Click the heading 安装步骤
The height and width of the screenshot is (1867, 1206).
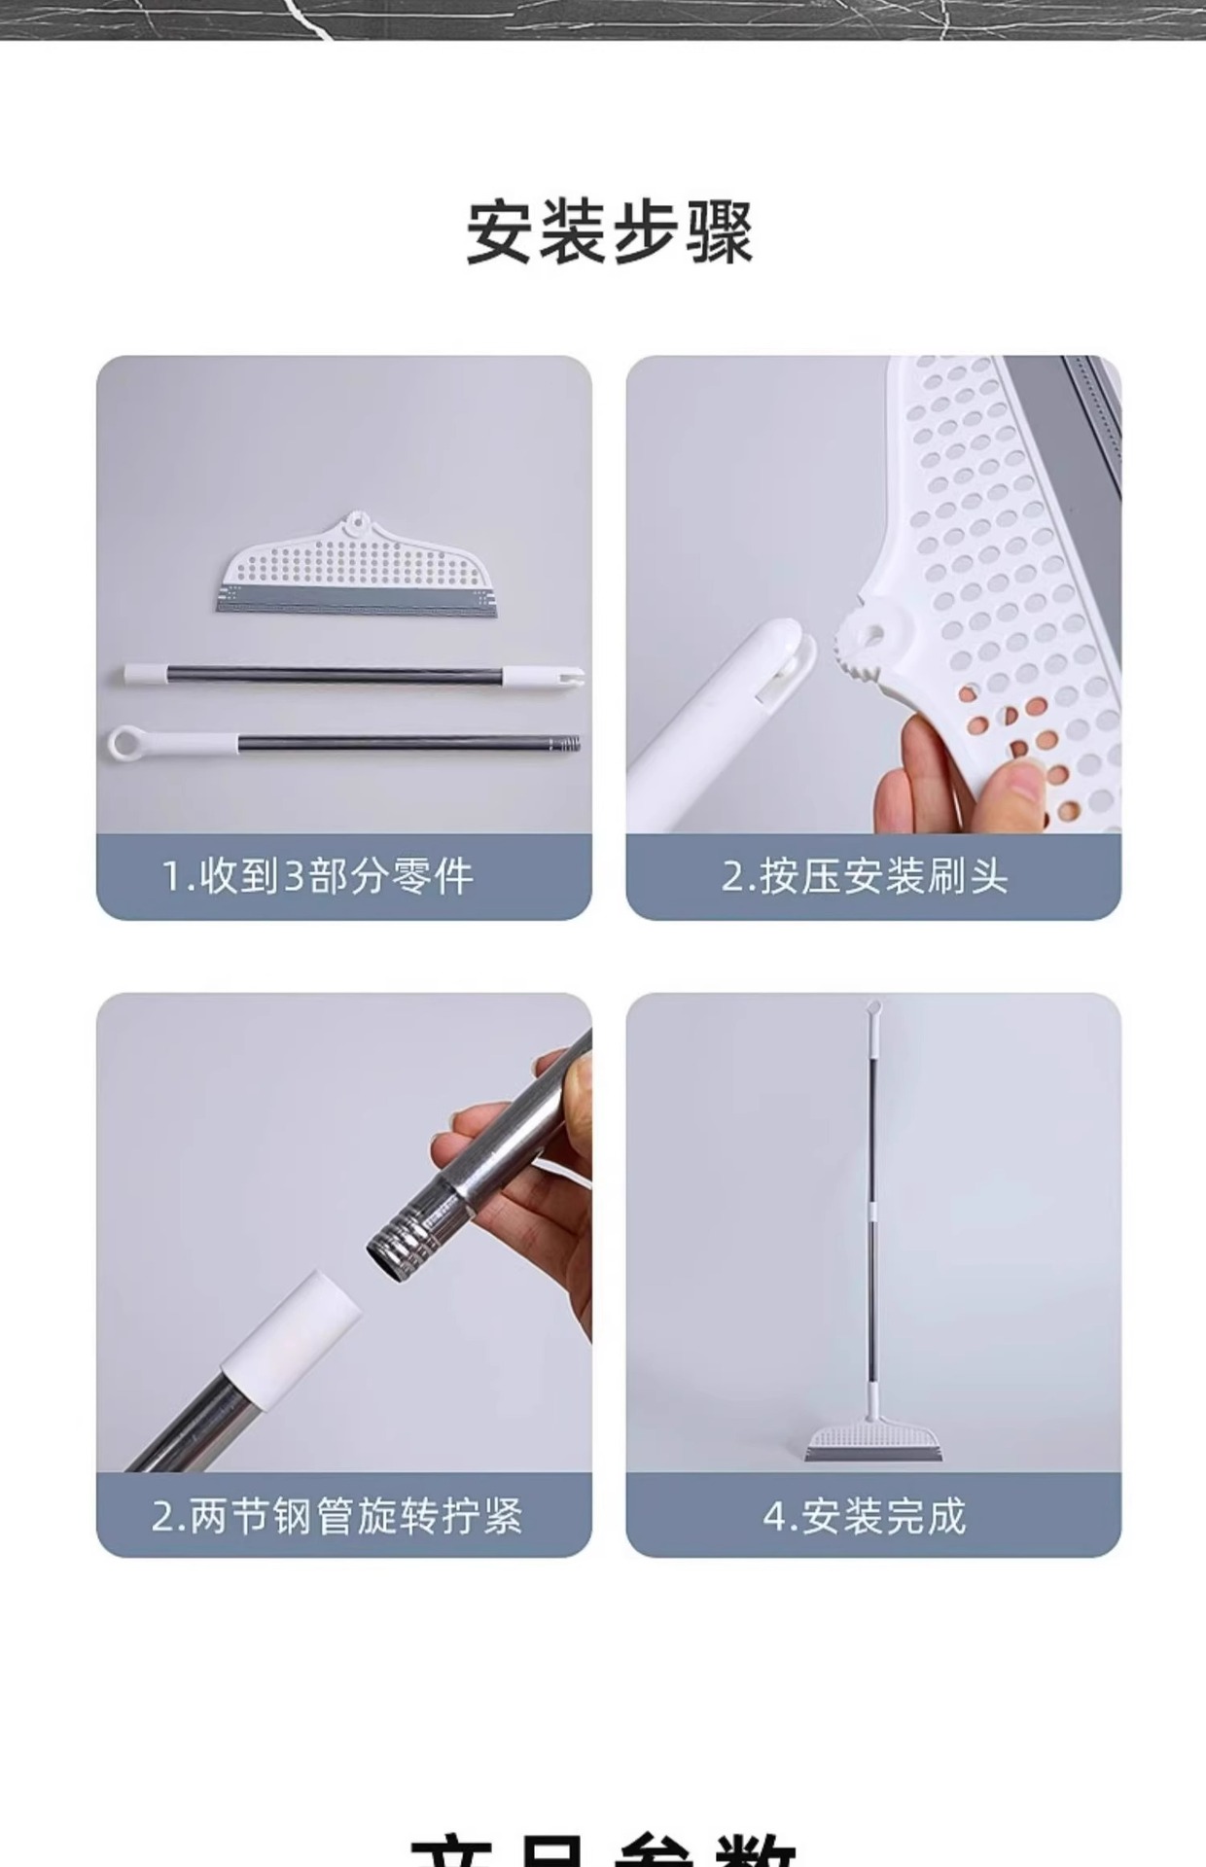(610, 233)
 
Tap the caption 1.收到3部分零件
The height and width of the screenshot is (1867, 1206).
(317, 877)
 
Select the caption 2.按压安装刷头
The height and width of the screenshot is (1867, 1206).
(864, 877)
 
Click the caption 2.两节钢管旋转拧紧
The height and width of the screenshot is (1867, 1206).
(337, 1516)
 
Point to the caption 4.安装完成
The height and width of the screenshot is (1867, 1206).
(864, 1516)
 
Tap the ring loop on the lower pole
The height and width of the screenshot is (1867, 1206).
(126, 744)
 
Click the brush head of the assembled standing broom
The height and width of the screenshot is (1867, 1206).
(871, 1441)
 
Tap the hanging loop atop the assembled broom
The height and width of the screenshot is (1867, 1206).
(872, 1008)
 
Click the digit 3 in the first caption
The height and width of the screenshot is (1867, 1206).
(294, 877)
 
